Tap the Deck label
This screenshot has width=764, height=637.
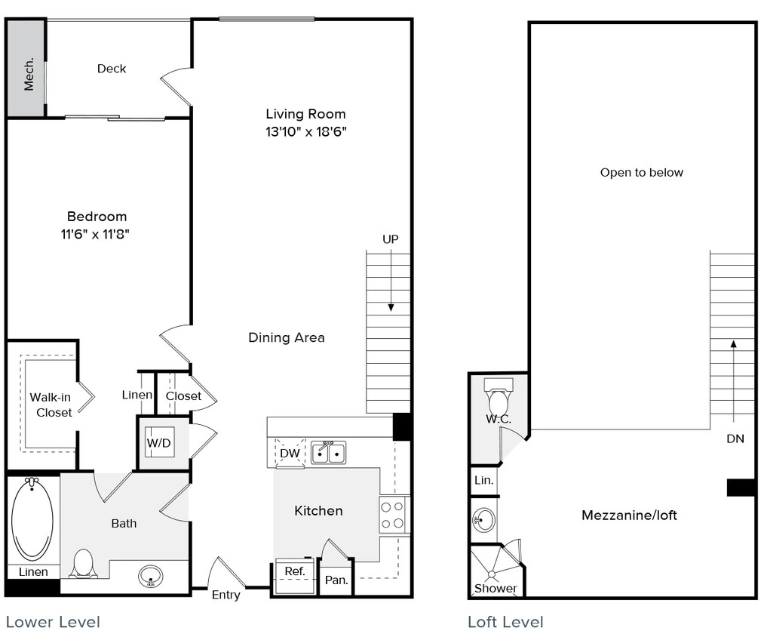pyautogui.click(x=112, y=69)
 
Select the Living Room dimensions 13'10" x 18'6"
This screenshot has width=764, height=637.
pyautogui.click(x=305, y=131)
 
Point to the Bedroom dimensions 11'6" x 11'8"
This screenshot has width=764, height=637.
pyautogui.click(x=97, y=234)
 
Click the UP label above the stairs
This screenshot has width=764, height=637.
pyautogui.click(x=390, y=239)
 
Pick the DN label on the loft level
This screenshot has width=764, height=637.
pyautogui.click(x=735, y=439)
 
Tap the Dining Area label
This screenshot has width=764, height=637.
pyautogui.click(x=287, y=337)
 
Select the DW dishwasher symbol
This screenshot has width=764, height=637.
pyautogui.click(x=290, y=453)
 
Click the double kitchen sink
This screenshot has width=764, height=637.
pyautogui.click(x=329, y=452)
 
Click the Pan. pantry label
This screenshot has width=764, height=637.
pyautogui.click(x=336, y=580)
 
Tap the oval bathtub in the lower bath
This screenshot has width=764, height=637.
pyautogui.click(x=32, y=519)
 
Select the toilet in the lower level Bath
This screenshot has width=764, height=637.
pyautogui.click(x=83, y=564)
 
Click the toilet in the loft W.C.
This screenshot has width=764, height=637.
pyautogui.click(x=499, y=401)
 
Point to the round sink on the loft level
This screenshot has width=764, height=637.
pyautogui.click(x=483, y=519)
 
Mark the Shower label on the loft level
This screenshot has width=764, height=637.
pyautogui.click(x=496, y=588)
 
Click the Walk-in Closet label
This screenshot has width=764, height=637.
pyautogui.click(x=51, y=405)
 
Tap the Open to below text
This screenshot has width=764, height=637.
pyautogui.click(x=642, y=173)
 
